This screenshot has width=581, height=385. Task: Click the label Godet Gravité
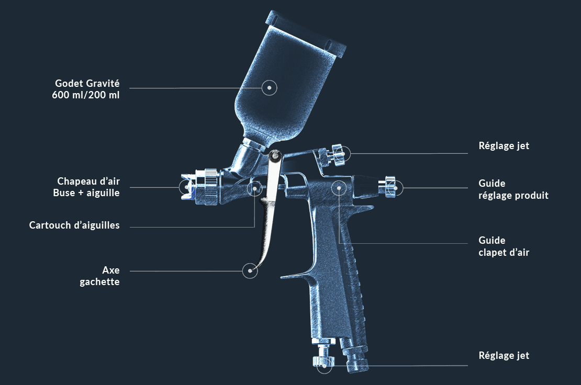pyautogui.click(x=87, y=83)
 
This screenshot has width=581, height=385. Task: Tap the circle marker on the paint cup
pyautogui.click(x=269, y=88)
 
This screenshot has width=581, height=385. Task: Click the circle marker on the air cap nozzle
pyautogui.click(x=186, y=187)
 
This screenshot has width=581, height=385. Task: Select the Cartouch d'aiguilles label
pyautogui.click(x=74, y=225)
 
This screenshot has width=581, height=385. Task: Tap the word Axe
pyautogui.click(x=111, y=270)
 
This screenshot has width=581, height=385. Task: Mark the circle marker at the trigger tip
pyautogui.click(x=251, y=271)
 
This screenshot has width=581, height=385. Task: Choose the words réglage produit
pyautogui.click(x=513, y=196)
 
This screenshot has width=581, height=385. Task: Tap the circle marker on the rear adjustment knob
pyautogui.click(x=396, y=187)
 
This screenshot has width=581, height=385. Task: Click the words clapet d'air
pyautogui.click(x=504, y=252)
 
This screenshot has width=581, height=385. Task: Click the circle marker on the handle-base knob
pyautogui.click(x=325, y=366)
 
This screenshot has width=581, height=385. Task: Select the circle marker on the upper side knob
pyautogui.click(x=343, y=153)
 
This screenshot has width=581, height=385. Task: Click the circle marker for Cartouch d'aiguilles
pyautogui.click(x=255, y=187)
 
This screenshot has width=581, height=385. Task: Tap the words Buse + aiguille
pyautogui.click(x=86, y=193)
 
